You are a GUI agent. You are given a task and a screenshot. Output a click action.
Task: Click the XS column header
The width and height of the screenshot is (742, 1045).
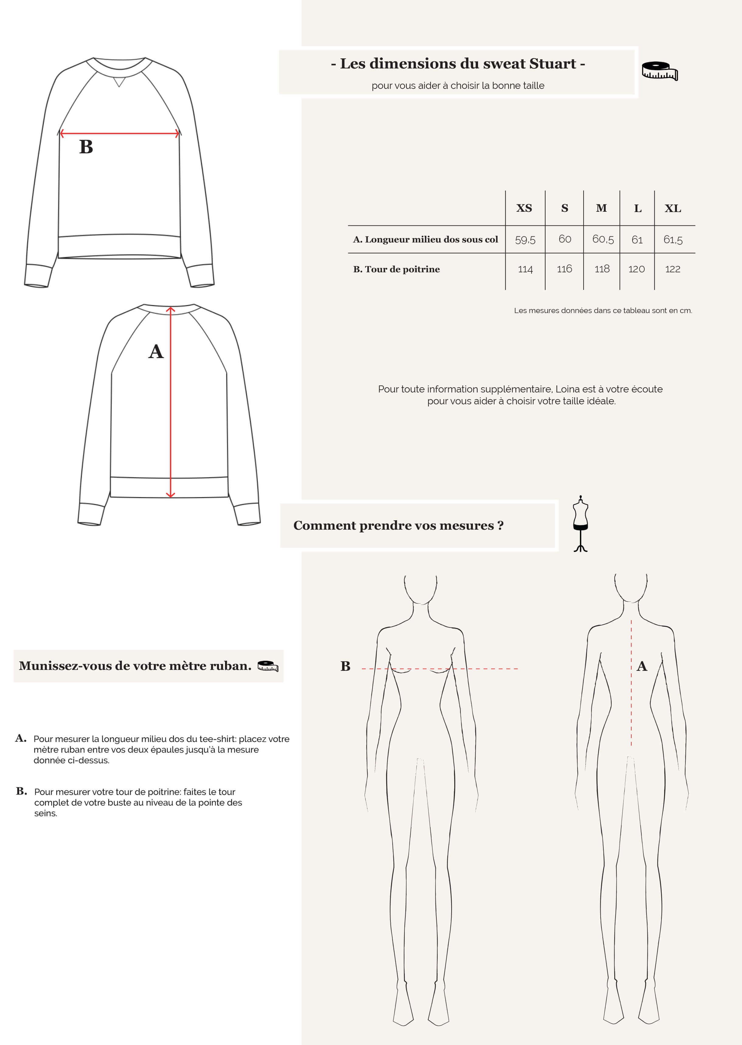[x=524, y=208]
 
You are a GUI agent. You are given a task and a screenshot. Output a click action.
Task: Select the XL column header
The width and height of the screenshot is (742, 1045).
[x=673, y=208]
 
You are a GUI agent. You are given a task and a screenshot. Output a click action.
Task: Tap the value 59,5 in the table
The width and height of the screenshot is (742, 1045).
[x=525, y=239]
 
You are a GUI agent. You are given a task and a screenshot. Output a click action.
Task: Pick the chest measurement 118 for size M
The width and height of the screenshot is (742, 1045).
[x=602, y=269]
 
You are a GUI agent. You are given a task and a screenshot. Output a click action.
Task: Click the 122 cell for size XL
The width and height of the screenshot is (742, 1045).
[x=673, y=269]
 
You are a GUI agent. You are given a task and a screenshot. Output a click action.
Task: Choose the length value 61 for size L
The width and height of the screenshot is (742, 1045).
[x=637, y=239]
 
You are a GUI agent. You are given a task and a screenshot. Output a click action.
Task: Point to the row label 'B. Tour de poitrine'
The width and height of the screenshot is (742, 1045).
[x=396, y=269]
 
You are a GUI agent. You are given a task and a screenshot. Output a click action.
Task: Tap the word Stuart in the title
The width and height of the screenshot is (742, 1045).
[x=552, y=64]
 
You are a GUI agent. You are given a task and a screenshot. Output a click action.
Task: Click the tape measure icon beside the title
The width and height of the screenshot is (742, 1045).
[x=659, y=71]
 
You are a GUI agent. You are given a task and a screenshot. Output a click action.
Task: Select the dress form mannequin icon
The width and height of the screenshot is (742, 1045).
[x=580, y=524]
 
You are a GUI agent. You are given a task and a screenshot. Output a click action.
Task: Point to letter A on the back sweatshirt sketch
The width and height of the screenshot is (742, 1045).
[x=156, y=352]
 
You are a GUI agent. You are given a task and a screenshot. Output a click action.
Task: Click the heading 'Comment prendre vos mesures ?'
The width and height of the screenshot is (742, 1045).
[x=398, y=526]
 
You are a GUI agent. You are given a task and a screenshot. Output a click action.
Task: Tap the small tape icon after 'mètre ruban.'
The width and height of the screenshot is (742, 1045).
[x=268, y=666]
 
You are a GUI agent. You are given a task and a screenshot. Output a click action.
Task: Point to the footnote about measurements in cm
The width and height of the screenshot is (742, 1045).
[x=603, y=310]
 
